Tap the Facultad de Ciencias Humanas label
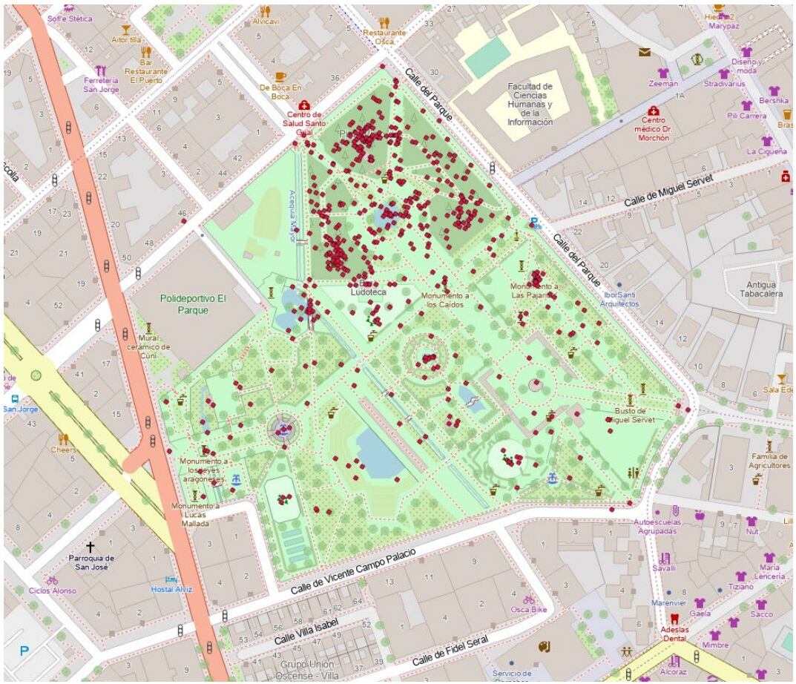click(530, 105)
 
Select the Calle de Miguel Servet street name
click(668, 191)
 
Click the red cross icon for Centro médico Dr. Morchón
click(653, 110)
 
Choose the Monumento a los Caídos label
click(446, 300)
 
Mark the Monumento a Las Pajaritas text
click(533, 290)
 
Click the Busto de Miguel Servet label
click(630, 415)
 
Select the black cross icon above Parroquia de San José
click(91, 545)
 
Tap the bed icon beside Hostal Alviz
click(171, 579)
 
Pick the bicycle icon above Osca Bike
click(528, 599)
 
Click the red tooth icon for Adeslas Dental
click(674, 617)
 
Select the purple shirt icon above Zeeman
click(662, 73)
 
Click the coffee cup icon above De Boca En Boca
click(280, 76)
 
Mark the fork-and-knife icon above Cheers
click(64, 438)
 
